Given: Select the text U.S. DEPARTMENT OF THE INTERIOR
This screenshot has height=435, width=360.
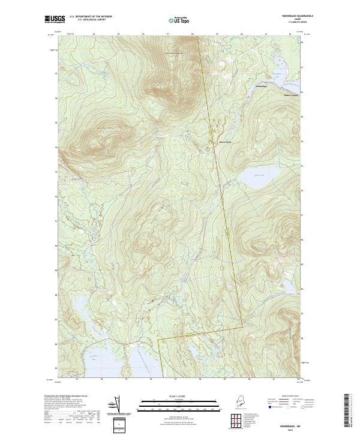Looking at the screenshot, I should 91,17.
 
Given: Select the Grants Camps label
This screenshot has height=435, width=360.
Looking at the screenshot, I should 290,94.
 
